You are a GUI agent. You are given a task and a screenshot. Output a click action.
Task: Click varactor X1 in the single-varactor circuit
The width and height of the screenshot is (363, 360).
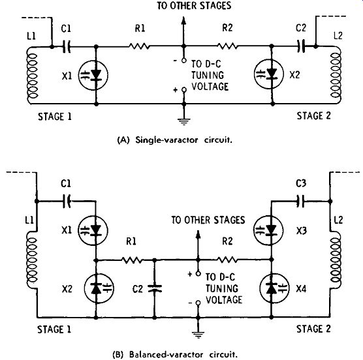pyautogui.click(x=93, y=75)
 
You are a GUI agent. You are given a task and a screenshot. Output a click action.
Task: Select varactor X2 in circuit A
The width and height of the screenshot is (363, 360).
pyautogui.click(x=269, y=74)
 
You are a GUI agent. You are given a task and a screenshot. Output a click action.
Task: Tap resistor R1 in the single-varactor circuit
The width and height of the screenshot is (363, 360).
pyautogui.click(x=139, y=46)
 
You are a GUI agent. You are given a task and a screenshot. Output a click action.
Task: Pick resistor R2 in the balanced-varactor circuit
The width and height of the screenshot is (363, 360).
pyautogui.click(x=227, y=260)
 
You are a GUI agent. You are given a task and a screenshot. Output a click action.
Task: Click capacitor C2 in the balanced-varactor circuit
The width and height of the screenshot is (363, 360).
pyautogui.click(x=155, y=288)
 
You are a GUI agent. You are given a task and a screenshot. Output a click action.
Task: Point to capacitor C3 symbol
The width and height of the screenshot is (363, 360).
pyautogui.click(x=300, y=202)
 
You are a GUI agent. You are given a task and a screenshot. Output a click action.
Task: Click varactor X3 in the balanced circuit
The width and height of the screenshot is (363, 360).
pyautogui.click(x=268, y=230)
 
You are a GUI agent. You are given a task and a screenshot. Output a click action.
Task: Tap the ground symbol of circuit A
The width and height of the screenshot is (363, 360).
pyautogui.click(x=184, y=121)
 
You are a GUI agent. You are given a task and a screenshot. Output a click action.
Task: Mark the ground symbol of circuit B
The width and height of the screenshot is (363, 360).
pyautogui.click(x=198, y=335)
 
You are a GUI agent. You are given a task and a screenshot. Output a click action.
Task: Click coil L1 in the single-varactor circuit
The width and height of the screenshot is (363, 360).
pyautogui.click(x=32, y=76)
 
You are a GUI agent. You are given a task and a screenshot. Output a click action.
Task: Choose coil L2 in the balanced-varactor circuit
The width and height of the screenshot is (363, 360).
pyautogui.click(x=336, y=256)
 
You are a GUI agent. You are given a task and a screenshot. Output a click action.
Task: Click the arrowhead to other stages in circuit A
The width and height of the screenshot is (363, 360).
pyautogui.click(x=183, y=21)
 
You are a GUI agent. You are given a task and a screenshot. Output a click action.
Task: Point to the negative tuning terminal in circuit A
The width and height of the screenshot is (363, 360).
pyautogui.click(x=184, y=61)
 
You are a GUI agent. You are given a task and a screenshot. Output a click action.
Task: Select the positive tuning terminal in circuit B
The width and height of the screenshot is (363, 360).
pyautogui.click(x=198, y=274)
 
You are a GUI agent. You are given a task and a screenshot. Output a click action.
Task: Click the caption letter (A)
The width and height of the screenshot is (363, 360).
pyautogui.click(x=123, y=140)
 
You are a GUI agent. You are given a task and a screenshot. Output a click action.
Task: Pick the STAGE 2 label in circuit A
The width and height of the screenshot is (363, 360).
pyautogui.click(x=313, y=116)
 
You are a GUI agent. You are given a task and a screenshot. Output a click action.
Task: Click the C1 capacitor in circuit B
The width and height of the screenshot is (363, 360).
pyautogui.click(x=67, y=202)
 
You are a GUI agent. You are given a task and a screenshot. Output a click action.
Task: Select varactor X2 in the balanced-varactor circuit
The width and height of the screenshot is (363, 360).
pyautogui.click(x=99, y=288)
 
